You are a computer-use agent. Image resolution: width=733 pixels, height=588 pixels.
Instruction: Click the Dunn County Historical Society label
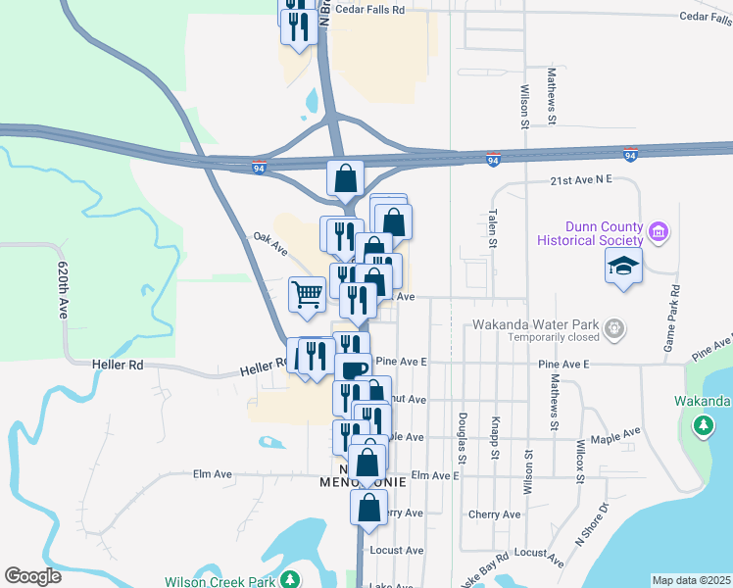click(x=590, y=232)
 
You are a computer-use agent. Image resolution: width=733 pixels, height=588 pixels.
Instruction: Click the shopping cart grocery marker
click(x=307, y=294)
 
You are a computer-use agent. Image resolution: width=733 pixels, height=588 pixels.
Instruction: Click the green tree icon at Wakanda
click(x=703, y=425)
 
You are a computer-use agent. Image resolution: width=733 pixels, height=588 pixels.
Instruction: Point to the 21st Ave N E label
click(x=580, y=180)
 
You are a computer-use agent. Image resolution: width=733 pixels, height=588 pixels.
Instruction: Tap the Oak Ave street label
click(x=269, y=243)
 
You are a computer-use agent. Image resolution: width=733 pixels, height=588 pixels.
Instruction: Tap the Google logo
click(x=32, y=576)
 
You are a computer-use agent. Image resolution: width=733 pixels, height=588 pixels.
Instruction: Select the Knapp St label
click(x=495, y=431)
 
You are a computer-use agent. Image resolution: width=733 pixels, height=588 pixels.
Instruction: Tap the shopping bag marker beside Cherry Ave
click(x=368, y=508)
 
